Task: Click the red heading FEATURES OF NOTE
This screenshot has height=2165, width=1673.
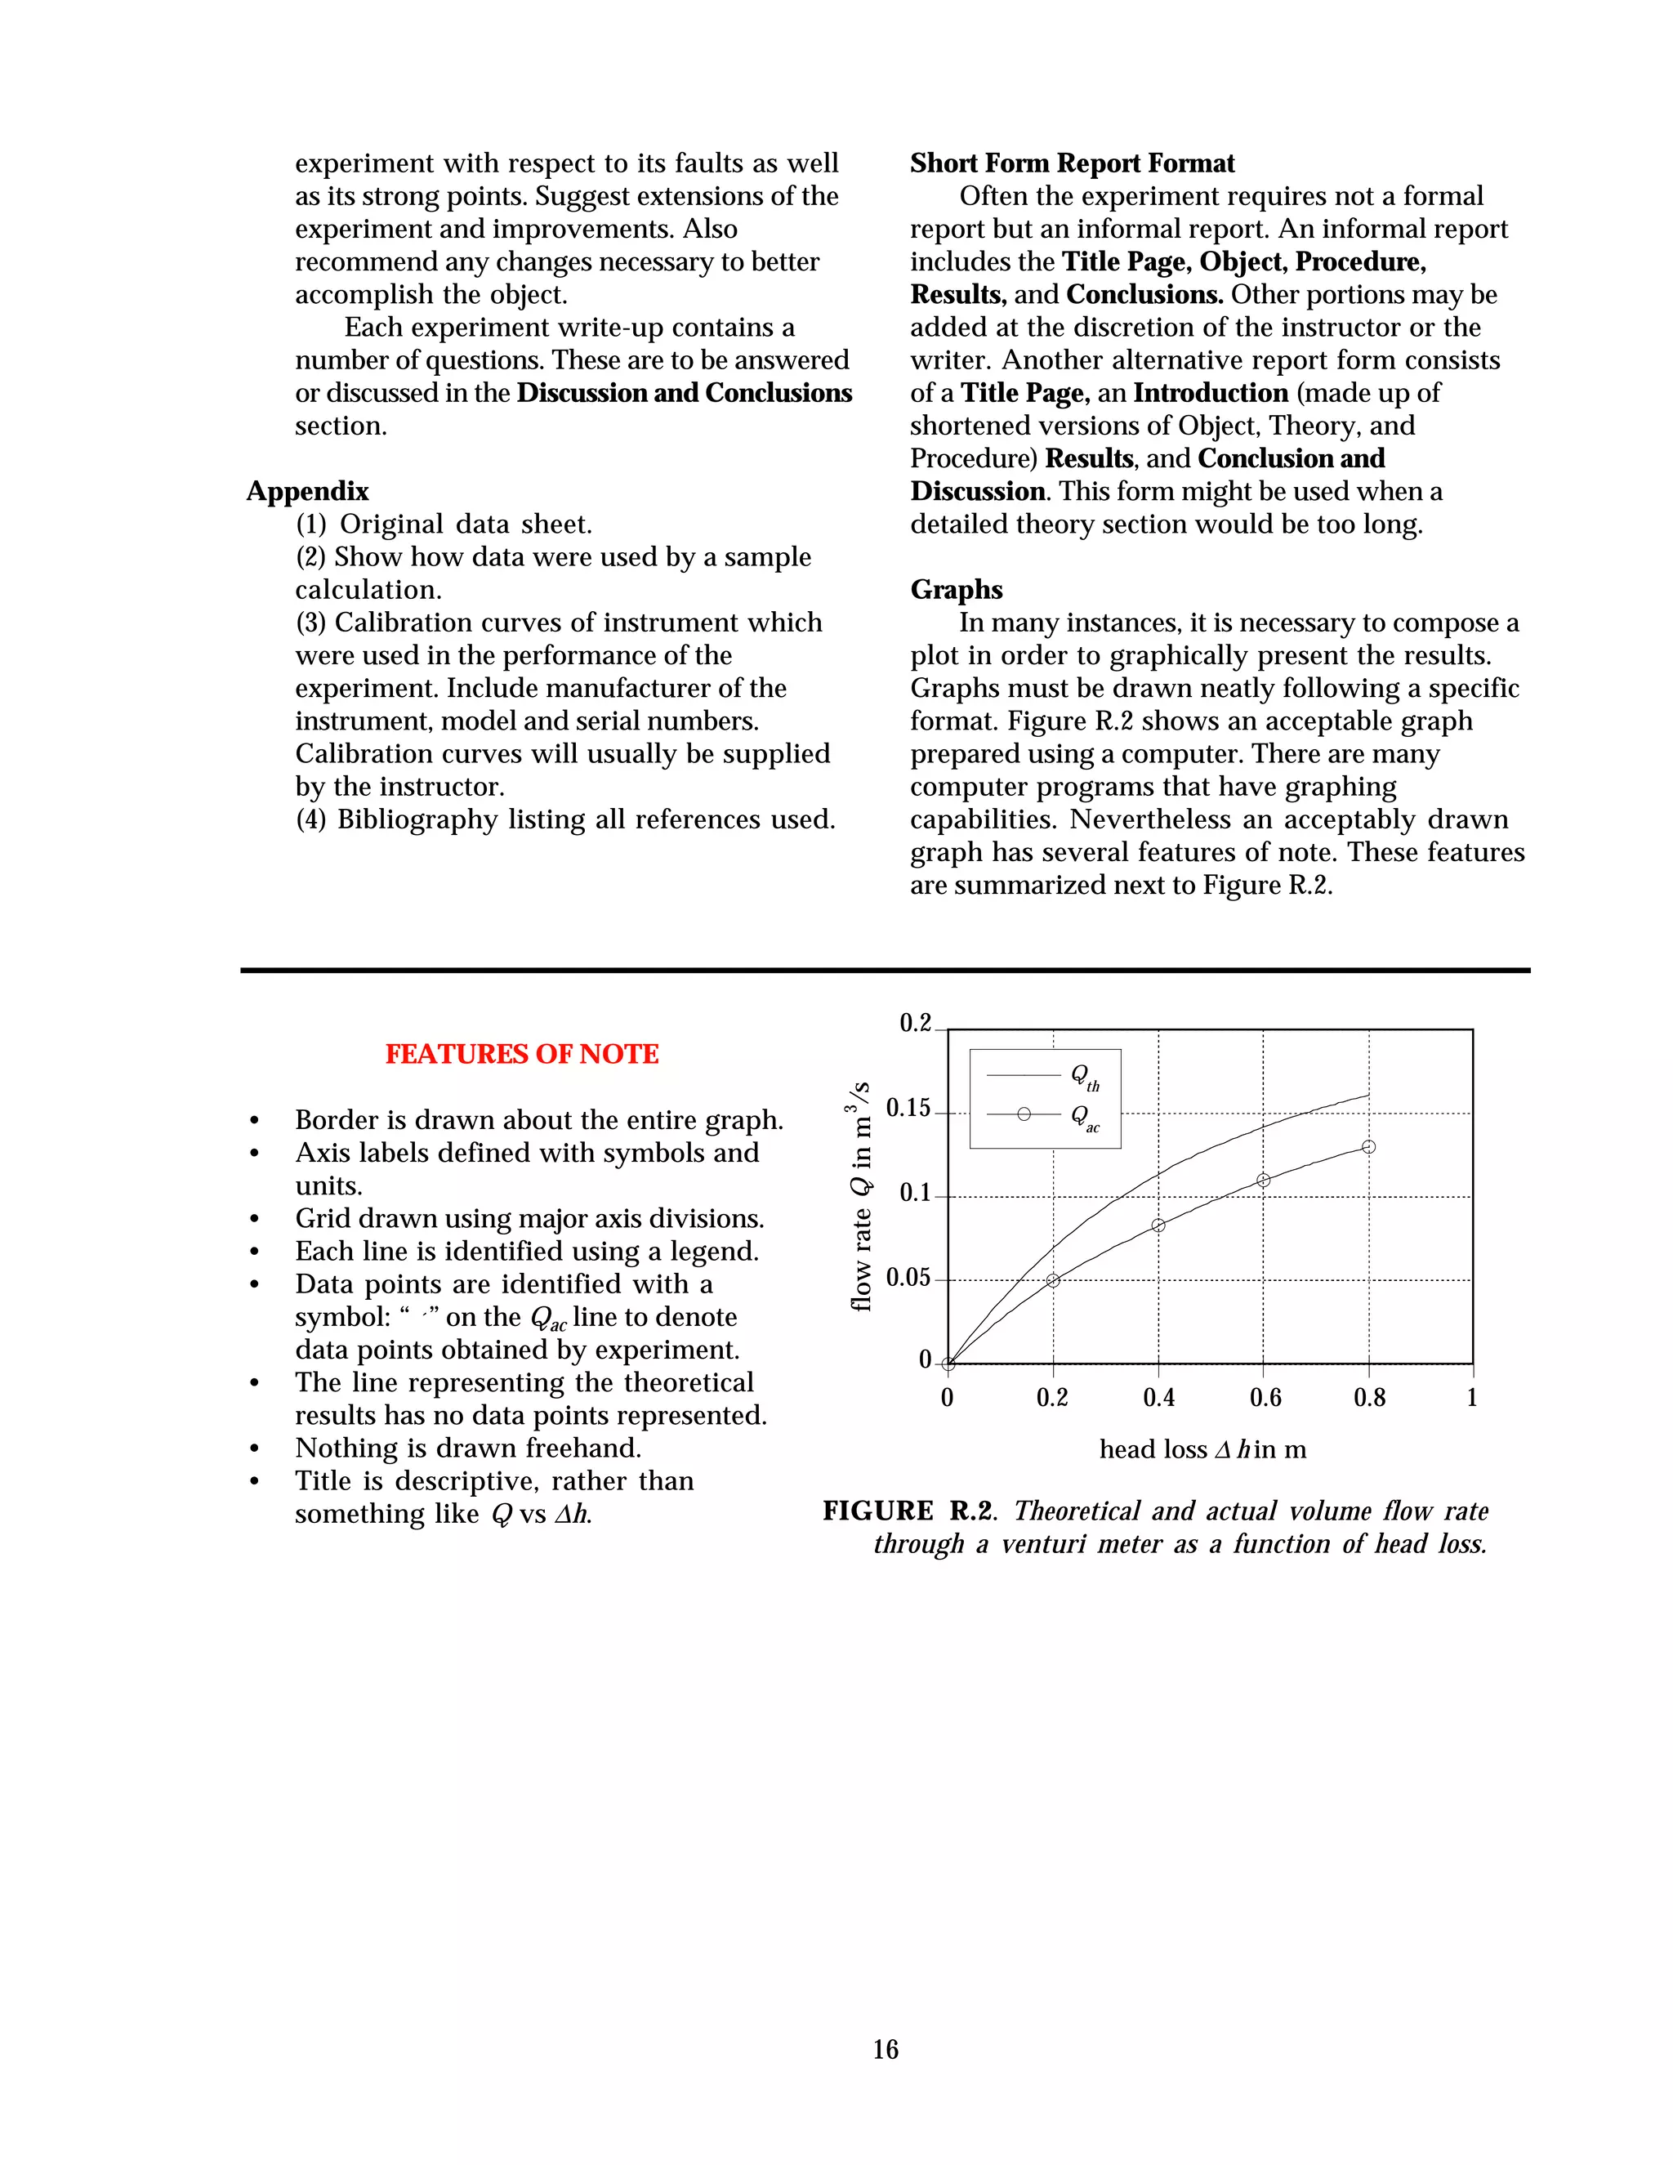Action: pyautogui.click(x=521, y=1054)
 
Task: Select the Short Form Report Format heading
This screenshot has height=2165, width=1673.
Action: pyautogui.click(x=1072, y=163)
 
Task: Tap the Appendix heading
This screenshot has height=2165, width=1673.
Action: pyautogui.click(x=307, y=492)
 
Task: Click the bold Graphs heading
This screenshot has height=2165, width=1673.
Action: pyautogui.click(x=956, y=590)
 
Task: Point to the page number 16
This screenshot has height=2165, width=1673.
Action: pyautogui.click(x=885, y=2049)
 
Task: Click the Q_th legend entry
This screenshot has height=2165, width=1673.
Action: pyautogui.click(x=1084, y=1077)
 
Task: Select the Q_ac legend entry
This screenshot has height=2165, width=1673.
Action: pyautogui.click(x=1084, y=1116)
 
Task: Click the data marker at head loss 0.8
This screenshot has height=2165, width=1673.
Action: pyautogui.click(x=1369, y=1147)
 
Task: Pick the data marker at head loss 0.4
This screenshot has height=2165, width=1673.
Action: pyautogui.click(x=1158, y=1226)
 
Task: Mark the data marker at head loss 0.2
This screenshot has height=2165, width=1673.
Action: pyautogui.click(x=1052, y=1281)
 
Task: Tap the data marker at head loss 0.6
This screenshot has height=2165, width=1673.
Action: pyautogui.click(x=1263, y=1181)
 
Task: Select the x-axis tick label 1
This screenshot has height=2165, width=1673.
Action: pyautogui.click(x=1472, y=1398)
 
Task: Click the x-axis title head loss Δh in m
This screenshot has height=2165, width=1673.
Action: pyautogui.click(x=1202, y=1449)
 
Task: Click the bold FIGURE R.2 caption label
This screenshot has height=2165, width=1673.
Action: pyautogui.click(x=906, y=1511)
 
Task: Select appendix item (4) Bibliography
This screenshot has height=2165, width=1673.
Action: pyautogui.click(x=565, y=819)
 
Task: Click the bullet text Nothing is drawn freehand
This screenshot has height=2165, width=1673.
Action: pyautogui.click(x=468, y=1449)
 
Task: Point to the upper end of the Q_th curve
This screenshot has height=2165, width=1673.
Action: pyautogui.click(x=1367, y=1096)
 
